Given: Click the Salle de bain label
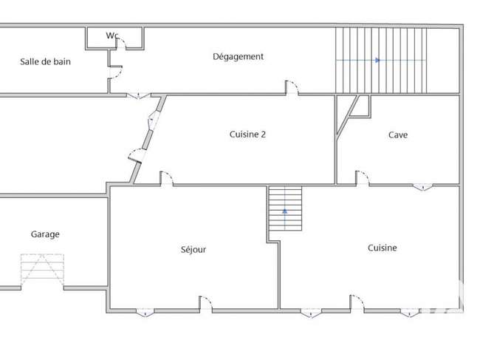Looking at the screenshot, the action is (x=45, y=61).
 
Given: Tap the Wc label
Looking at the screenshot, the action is (x=112, y=35).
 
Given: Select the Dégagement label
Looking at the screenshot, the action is (x=239, y=57).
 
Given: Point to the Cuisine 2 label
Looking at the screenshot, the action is (x=247, y=135).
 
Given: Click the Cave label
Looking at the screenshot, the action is (x=398, y=135).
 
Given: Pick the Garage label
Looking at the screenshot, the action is (x=45, y=234).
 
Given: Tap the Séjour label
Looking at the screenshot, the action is (x=193, y=249).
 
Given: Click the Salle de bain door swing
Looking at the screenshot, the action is (x=116, y=72).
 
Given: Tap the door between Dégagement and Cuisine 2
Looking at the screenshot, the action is (x=292, y=88).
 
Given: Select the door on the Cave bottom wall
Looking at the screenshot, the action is (x=362, y=178).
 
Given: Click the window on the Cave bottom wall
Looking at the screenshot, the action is (x=423, y=186).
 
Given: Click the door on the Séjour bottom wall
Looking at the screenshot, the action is (x=206, y=304).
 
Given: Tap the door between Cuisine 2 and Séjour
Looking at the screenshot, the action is (x=167, y=178).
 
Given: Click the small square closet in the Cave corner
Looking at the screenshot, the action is (x=360, y=106).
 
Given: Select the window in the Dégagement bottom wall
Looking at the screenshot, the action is (x=139, y=96).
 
